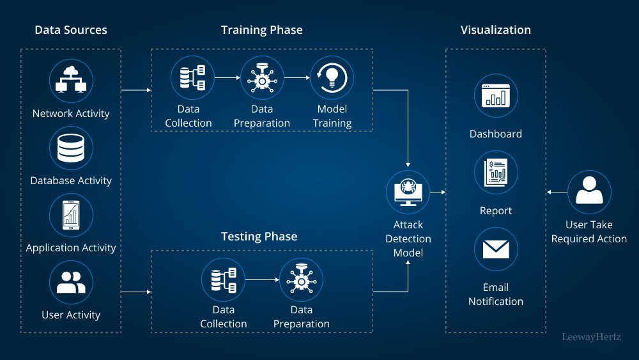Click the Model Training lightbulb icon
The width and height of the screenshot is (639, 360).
point(332,77)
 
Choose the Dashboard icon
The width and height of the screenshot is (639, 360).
point(496,96)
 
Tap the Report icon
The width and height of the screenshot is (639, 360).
point(496,173)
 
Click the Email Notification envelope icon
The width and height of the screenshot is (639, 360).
point(496,249)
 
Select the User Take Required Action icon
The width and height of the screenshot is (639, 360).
point(589,192)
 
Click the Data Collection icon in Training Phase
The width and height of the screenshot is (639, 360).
point(192,77)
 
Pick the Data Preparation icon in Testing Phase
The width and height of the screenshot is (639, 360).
point(301,279)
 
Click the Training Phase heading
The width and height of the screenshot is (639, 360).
point(262,30)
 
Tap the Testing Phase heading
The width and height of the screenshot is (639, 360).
point(259,237)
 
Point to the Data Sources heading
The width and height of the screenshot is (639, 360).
point(71,30)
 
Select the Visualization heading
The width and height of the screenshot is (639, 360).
point(496,30)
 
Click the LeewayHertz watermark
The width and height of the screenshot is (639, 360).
point(591,336)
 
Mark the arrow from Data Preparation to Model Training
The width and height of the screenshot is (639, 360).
point(296,77)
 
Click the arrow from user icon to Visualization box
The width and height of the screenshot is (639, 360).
point(557,192)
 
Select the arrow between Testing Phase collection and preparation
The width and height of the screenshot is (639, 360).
point(262,279)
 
